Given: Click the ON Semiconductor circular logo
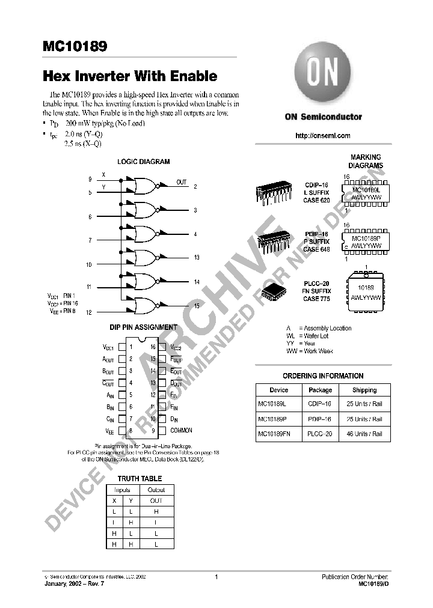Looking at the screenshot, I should point(322,78).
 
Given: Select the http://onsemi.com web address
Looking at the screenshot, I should point(323,136).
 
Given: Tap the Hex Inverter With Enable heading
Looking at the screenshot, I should point(129,76).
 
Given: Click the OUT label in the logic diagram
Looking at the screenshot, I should point(181,182).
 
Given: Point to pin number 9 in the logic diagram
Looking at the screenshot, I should point(90,179).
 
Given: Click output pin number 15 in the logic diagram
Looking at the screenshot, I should point(196,306).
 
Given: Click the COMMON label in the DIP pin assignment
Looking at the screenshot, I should point(181,430).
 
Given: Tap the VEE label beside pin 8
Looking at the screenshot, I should point(109,431).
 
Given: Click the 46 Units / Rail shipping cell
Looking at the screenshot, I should point(364,434).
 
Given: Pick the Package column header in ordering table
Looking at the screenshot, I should point(320,390).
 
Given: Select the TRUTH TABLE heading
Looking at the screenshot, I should point(140,478).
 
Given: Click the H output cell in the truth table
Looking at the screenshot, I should point(156,511).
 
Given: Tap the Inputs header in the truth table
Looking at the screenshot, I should point(122,490).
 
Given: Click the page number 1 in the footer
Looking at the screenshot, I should point(216,577).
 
